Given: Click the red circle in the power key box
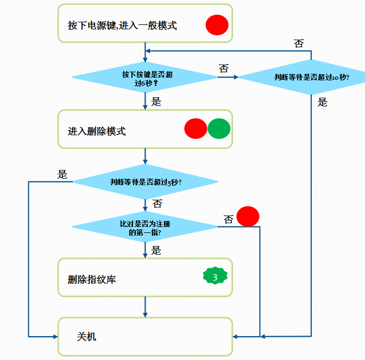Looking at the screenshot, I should click(x=217, y=26).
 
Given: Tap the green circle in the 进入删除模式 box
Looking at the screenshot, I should click(x=219, y=129).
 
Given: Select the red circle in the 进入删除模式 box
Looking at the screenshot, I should click(x=196, y=129).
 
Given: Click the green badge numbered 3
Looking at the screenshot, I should click(x=215, y=277).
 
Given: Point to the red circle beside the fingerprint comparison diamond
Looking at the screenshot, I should click(x=248, y=217).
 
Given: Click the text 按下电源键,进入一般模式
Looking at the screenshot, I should click(x=122, y=26).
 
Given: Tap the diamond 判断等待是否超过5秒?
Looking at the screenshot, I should click(x=145, y=182).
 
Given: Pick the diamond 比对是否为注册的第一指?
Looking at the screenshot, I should click(x=145, y=227).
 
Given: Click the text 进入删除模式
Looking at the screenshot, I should click(x=97, y=131).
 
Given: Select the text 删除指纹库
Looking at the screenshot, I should click(x=92, y=280).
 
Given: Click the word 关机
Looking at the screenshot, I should click(x=86, y=337).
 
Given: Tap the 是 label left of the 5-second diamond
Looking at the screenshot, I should click(x=62, y=174).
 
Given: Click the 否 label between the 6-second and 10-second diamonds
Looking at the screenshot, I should click(x=223, y=68).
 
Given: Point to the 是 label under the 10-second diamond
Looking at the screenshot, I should click(x=323, y=102).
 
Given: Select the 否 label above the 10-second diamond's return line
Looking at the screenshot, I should click(x=299, y=43).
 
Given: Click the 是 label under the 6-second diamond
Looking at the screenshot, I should click(x=156, y=101).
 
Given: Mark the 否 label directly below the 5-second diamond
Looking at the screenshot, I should click(x=157, y=204).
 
